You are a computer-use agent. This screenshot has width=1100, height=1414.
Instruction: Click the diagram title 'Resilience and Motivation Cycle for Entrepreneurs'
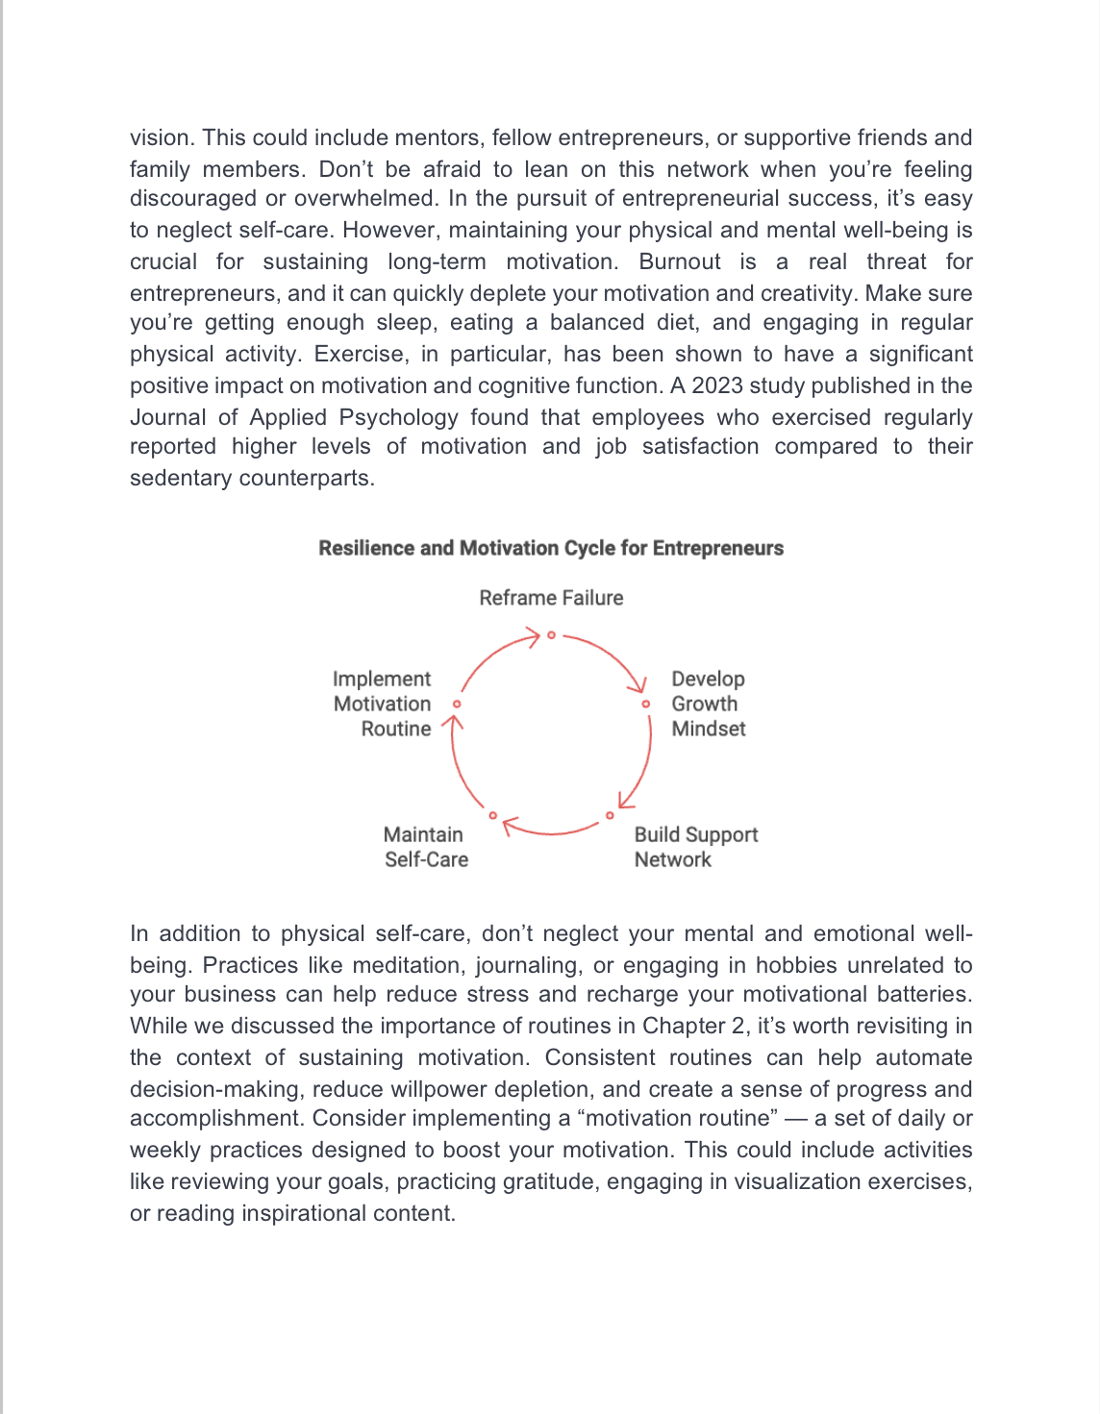551,548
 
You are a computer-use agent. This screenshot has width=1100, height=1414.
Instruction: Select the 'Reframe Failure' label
551,598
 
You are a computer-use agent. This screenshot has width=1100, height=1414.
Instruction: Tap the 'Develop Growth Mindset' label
708,704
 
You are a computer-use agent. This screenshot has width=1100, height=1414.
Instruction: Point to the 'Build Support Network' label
695,847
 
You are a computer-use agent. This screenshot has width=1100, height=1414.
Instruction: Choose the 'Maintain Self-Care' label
425,847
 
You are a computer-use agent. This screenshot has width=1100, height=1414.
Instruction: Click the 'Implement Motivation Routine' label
383,704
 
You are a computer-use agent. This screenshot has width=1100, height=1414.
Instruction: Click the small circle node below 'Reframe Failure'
551,635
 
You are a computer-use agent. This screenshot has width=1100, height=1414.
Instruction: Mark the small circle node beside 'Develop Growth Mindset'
646,704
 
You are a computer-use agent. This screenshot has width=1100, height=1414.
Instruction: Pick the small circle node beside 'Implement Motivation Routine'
457,704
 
